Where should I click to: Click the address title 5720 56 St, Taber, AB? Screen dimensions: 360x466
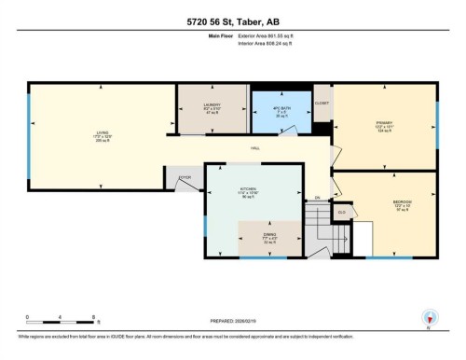[x=233, y=21]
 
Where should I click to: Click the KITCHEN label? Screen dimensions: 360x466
[x=248, y=190]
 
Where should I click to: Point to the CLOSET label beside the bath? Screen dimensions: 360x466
[x=322, y=104]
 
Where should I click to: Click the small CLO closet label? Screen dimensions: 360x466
[x=342, y=213]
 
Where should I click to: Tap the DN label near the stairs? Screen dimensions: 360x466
[x=317, y=198]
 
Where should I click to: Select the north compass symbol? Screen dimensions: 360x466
[x=430, y=316]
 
